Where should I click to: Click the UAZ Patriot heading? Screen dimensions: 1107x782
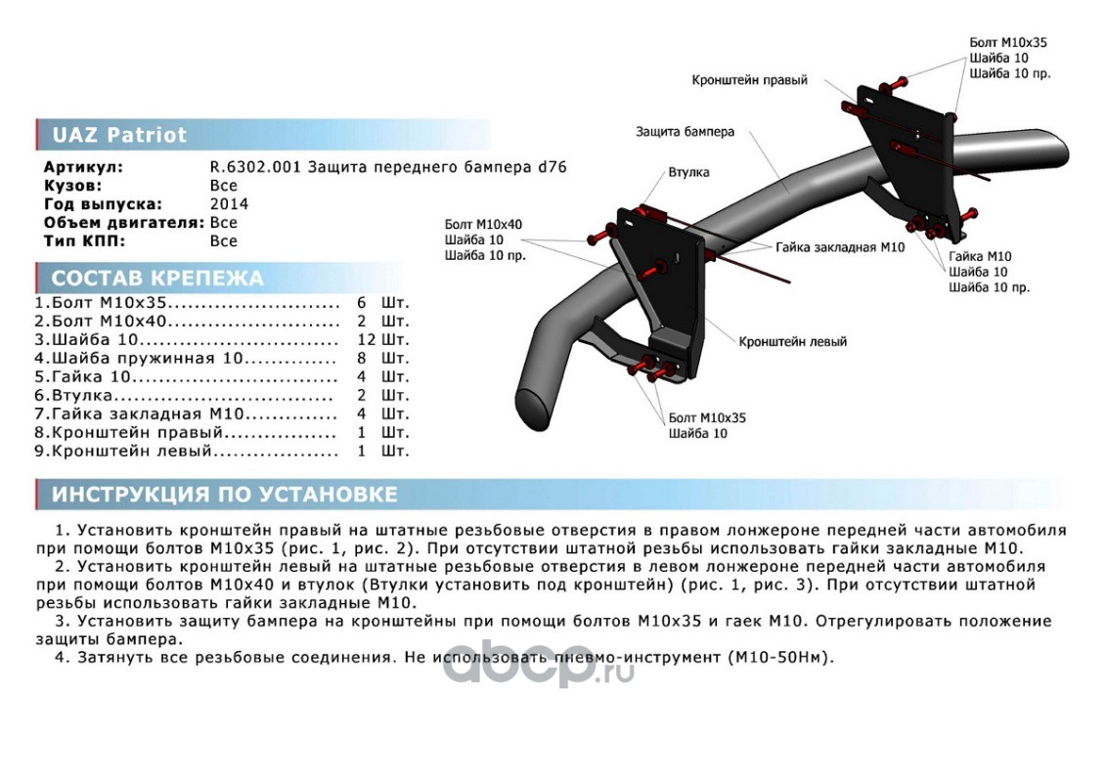[118, 135]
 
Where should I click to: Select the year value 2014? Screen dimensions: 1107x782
[229, 204]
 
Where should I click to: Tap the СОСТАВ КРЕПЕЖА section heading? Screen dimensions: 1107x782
[157, 279]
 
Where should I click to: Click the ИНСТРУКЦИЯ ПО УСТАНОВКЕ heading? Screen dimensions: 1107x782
[224, 495]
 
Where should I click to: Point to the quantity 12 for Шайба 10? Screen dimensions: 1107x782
[367, 339]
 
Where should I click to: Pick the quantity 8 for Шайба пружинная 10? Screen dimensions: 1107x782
[362, 358]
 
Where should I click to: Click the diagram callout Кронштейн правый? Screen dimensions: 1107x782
[749, 80]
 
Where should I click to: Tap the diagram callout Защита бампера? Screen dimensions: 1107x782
[685, 131]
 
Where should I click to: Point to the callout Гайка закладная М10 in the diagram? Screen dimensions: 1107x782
[840, 248]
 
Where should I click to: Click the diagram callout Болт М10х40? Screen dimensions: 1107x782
[483, 224]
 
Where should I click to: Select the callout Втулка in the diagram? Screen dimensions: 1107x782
[688, 172]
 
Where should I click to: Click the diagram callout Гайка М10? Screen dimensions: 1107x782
[979, 256]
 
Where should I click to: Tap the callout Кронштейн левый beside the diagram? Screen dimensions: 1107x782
[792, 342]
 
